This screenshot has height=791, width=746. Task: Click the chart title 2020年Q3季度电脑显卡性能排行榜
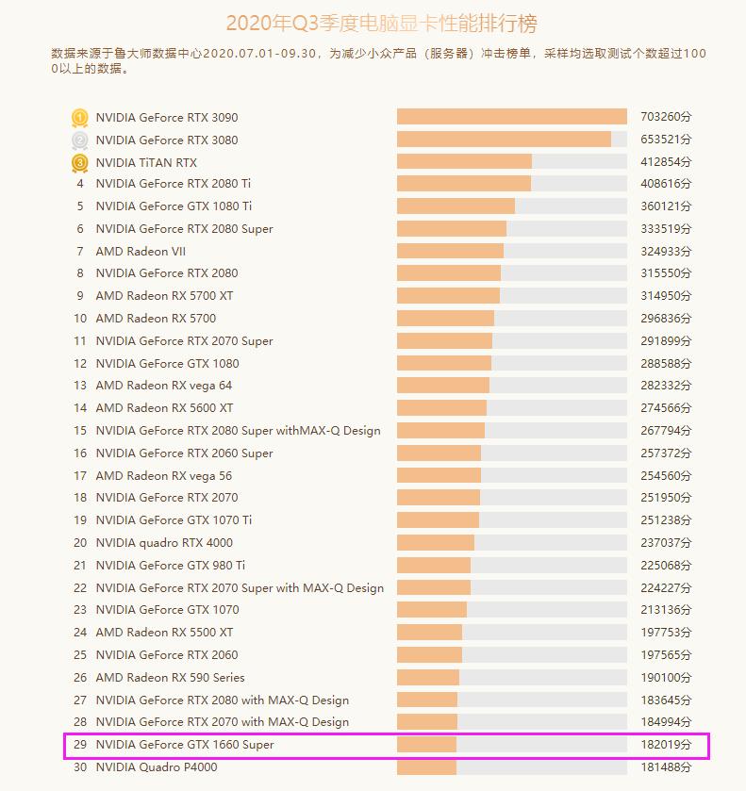382,24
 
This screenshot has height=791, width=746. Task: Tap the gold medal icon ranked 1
80,118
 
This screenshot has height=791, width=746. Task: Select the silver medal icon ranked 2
80,140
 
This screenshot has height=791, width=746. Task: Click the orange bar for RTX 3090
511,117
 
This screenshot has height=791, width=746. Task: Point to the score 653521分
666,140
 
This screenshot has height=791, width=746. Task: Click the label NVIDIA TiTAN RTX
146,162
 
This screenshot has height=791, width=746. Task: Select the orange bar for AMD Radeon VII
450,251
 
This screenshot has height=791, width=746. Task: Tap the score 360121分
666,206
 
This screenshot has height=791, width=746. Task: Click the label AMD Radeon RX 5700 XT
164,296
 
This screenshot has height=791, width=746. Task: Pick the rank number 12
80,363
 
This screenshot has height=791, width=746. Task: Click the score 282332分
666,386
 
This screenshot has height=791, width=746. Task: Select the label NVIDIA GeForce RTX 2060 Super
184,453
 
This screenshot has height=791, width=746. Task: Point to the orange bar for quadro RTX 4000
435,543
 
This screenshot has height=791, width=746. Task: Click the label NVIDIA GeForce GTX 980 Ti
170,565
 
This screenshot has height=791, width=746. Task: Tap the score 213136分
666,610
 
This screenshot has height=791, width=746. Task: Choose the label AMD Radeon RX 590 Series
170,677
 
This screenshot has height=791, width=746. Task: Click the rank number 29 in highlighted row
80,745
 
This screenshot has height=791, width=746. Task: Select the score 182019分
666,745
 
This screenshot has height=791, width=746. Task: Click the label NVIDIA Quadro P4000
156,767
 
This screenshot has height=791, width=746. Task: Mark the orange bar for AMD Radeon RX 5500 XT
429,633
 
